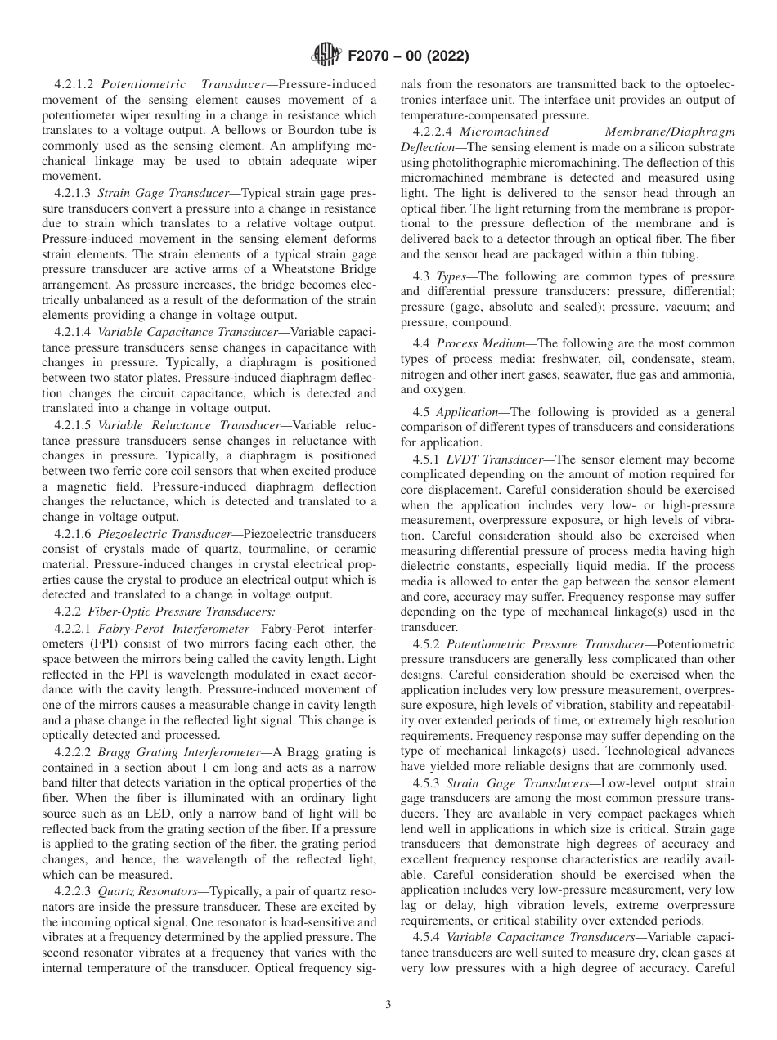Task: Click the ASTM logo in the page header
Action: coord(328,56)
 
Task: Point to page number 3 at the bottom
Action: coord(388,1005)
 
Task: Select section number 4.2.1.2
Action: coord(75,84)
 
